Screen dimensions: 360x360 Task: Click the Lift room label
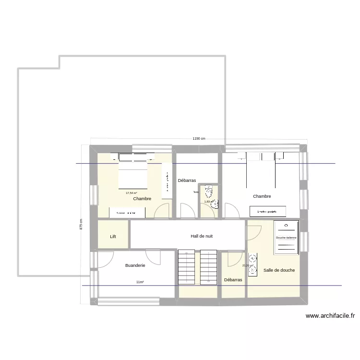pos(113,237)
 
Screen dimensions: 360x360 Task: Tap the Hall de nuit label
pos(202,236)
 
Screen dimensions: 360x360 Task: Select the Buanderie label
pos(135,265)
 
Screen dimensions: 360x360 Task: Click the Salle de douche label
pos(279,270)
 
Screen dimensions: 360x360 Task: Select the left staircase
pos(186,267)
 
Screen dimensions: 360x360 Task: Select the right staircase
pos(209,267)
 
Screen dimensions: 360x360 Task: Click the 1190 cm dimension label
pos(199,139)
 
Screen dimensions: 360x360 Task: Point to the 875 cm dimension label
pos(81,225)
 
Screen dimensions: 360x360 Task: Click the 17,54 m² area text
pos(131,193)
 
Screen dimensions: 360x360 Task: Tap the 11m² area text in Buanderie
pos(140,282)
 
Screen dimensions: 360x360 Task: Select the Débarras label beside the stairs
pos(233,280)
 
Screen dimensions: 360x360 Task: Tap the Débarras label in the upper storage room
pos(187,180)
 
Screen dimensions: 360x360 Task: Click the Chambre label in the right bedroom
pos(262,196)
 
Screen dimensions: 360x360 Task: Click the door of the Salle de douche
pos(252,232)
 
